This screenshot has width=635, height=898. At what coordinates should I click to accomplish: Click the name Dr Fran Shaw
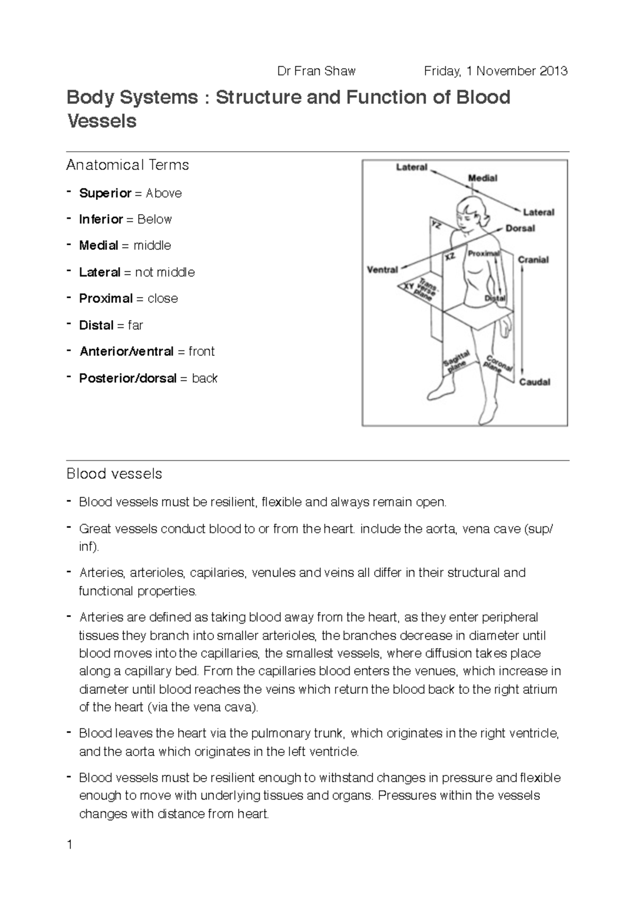pyautogui.click(x=316, y=71)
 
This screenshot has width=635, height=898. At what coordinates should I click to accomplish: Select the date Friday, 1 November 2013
pyautogui.click(x=496, y=71)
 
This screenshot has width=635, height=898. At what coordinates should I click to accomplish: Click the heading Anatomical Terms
pyautogui.click(x=128, y=165)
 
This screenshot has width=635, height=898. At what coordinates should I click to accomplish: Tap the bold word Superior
pyautogui.click(x=105, y=193)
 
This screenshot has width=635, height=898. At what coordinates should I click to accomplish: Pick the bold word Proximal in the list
pyautogui.click(x=105, y=298)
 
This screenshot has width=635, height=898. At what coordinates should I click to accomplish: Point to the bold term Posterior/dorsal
pyautogui.click(x=128, y=378)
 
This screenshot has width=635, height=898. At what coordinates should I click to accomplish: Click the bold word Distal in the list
pyautogui.click(x=96, y=325)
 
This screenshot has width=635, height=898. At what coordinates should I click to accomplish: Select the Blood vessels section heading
pyautogui.click(x=114, y=473)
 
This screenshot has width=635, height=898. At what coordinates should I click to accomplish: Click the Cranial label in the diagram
pyautogui.click(x=533, y=260)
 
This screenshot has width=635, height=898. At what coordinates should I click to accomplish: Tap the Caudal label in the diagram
pyautogui.click(x=534, y=382)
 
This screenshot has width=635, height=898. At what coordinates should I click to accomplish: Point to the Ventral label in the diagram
pyautogui.click(x=382, y=270)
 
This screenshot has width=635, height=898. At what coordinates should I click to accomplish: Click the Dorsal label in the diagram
pyautogui.click(x=520, y=228)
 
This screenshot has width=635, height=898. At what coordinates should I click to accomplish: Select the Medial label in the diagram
pyautogui.click(x=483, y=178)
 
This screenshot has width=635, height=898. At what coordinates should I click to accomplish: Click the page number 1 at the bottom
pyautogui.click(x=69, y=845)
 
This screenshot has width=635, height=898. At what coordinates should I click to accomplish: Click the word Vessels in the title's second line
pyautogui.click(x=102, y=121)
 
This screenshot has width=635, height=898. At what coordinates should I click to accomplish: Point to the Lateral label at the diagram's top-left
pyautogui.click(x=412, y=167)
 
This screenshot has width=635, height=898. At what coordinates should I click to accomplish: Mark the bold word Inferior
pyautogui.click(x=101, y=219)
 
